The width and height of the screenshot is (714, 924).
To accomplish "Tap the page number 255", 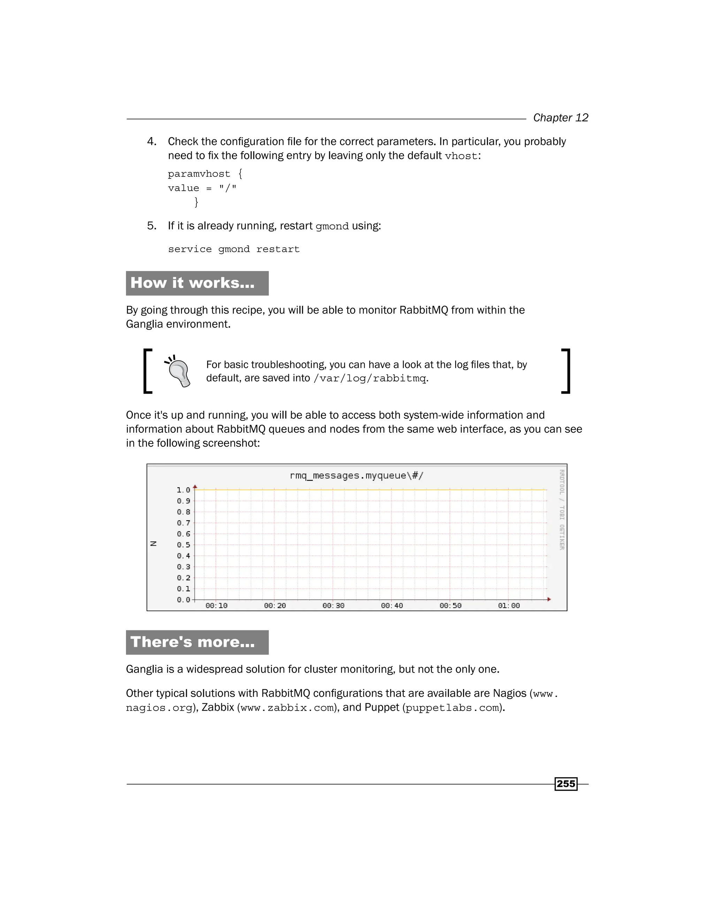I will coord(565,783).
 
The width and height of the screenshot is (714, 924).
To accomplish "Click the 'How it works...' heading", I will coord(192,283).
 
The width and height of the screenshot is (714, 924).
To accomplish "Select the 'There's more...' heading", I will coord(192,642).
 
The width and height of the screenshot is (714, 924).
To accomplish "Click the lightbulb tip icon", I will coord(178,371).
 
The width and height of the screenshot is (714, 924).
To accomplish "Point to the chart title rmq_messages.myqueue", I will coord(356,476).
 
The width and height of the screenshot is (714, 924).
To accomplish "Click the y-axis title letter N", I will coord(153,544).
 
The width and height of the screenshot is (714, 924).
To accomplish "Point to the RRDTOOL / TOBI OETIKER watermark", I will coord(562,509).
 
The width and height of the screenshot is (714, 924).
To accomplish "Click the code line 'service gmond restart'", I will coord(234,249).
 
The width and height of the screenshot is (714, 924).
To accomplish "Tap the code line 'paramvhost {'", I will coord(205,174).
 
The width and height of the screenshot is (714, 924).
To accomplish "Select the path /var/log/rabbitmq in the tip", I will coord(370,378).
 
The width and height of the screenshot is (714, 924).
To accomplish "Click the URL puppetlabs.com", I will coord(452,708).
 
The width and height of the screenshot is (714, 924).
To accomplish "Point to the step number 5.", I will coord(151,226).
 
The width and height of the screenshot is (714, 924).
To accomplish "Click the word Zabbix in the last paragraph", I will coord(218,707).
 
